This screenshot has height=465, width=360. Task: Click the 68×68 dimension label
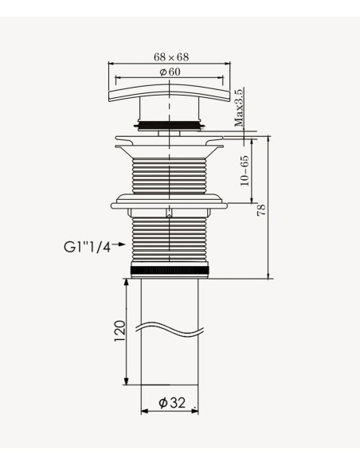(x=171, y=57)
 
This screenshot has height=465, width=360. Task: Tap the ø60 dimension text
(x=170, y=72)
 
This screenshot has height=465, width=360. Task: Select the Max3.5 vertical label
(x=239, y=107)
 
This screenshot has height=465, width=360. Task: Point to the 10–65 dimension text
(x=245, y=170)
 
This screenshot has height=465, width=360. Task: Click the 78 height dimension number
(x=261, y=210)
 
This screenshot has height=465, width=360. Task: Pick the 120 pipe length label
(x=120, y=330)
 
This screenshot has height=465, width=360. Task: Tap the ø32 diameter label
(x=172, y=402)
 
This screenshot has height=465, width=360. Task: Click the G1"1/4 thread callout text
(x=87, y=247)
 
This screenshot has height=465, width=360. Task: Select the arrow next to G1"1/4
(x=119, y=244)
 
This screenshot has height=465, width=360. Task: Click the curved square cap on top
(x=170, y=92)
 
